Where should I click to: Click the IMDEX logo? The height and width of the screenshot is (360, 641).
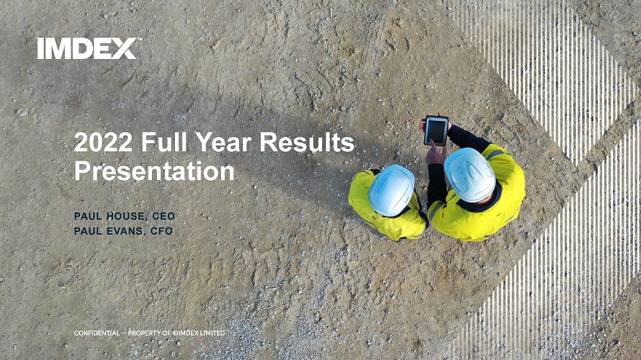pos(88,48)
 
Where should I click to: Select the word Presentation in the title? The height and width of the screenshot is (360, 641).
pos(155,171)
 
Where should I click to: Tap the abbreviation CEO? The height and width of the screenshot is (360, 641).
pos(163,216)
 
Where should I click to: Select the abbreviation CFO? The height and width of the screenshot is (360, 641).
pos(161,231)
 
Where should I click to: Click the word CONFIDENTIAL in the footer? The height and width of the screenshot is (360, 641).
pos(97,333)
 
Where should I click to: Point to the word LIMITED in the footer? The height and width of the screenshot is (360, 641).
pos(212,333)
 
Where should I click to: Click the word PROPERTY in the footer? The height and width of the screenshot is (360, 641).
pos(144,333)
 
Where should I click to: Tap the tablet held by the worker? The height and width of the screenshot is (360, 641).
pos(435,130)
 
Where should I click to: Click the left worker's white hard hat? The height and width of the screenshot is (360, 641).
pos(392,189)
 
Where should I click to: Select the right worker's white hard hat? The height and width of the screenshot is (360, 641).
pos(469,174)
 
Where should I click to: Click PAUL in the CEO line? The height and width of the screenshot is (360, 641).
pos(89,216)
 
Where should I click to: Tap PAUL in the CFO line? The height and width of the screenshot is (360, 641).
pos(89,231)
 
